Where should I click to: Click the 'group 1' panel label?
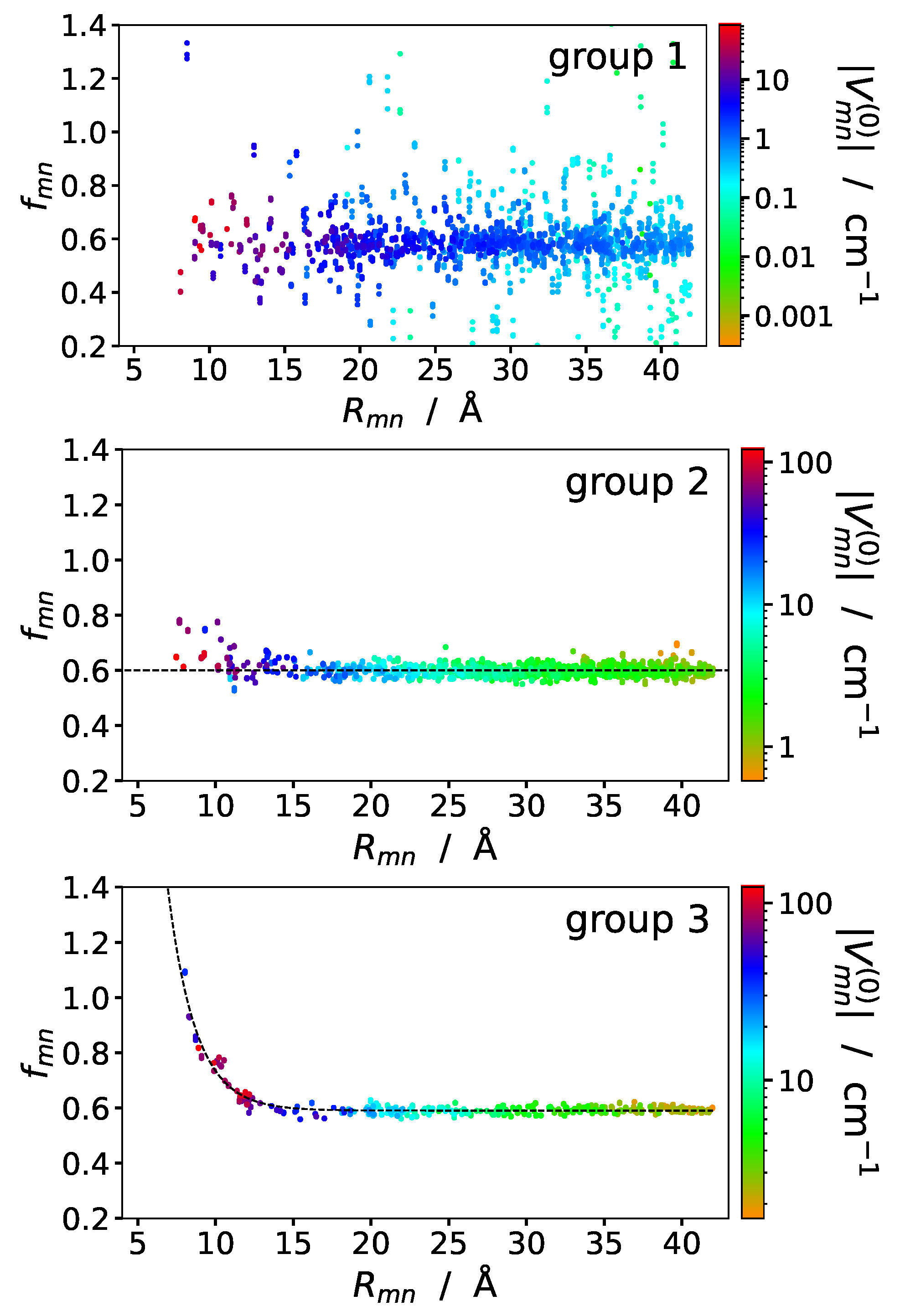tap(617, 57)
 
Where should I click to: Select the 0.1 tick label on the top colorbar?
tap(776, 199)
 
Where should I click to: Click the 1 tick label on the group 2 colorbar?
tap(786, 748)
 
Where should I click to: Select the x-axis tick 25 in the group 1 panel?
tap(435, 371)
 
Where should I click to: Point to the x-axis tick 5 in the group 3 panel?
tap(138, 1244)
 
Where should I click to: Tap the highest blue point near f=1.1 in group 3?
tap(185, 972)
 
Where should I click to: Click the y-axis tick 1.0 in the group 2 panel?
tap(85, 561)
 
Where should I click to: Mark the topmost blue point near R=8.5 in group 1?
tap(187, 43)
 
